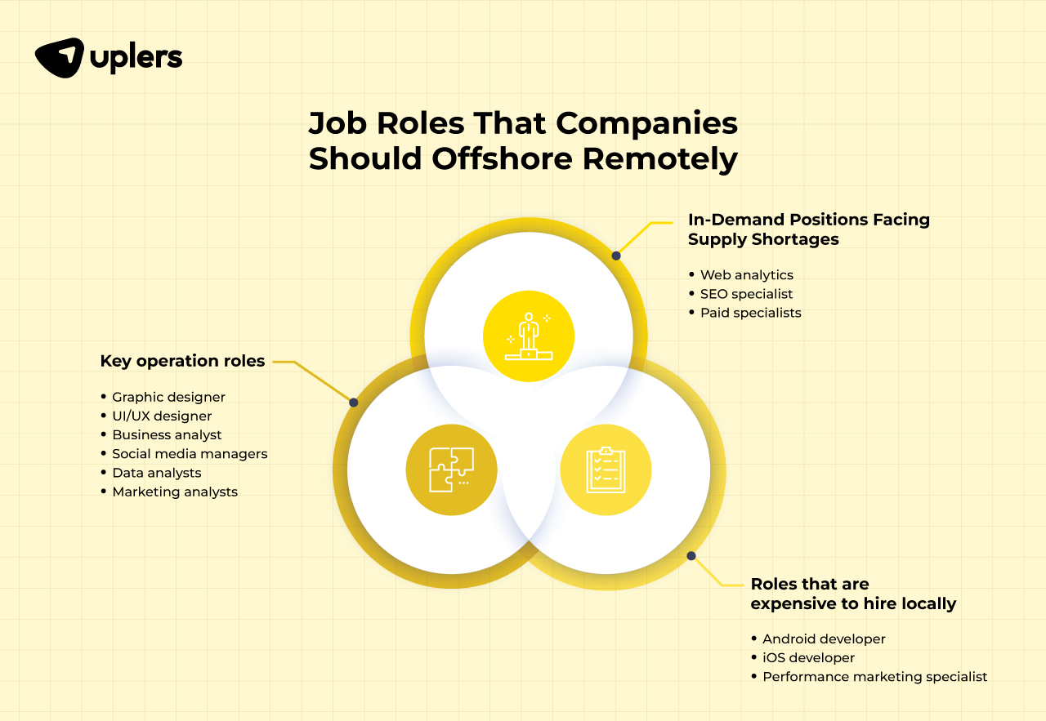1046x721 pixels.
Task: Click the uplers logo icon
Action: click(59, 57)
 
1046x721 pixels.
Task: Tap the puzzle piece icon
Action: click(451, 470)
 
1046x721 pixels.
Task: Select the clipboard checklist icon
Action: click(606, 470)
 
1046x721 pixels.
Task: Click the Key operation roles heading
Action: click(182, 361)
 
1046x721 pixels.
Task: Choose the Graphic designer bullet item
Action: click(168, 397)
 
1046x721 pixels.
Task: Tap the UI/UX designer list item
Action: click(162, 416)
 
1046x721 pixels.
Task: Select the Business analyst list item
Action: click(167, 435)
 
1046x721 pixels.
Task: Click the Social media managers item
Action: click(190, 454)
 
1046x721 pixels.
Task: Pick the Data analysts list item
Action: click(156, 473)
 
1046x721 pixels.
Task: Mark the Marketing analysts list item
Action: click(175, 492)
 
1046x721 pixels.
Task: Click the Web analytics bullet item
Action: click(746, 275)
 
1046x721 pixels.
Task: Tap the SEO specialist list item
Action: click(746, 294)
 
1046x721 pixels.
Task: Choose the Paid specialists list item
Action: click(750, 313)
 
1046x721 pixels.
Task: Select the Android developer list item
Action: click(824, 639)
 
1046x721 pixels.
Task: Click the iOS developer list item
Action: click(808, 657)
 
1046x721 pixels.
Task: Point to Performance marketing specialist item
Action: click(874, 676)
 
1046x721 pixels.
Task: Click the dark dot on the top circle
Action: click(616, 256)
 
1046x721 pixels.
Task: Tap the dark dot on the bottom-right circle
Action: click(691, 556)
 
